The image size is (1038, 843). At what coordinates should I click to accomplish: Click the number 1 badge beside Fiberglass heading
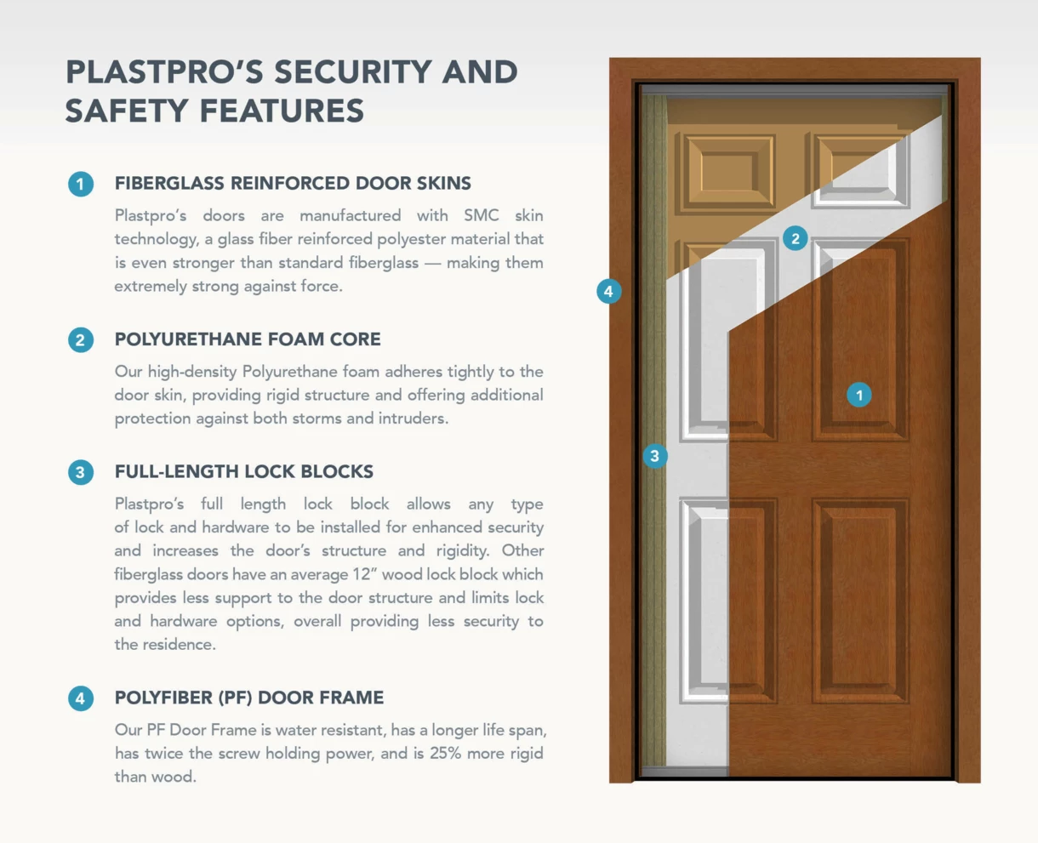click(81, 185)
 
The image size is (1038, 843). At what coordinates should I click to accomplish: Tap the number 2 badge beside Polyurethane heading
click(81, 340)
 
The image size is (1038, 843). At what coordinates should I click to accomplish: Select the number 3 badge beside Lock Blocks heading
click(81, 472)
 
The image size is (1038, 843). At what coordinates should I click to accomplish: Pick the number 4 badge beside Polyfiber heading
click(81, 698)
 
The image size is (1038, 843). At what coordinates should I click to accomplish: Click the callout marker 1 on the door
click(859, 395)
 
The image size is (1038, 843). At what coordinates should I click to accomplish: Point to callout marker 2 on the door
click(796, 238)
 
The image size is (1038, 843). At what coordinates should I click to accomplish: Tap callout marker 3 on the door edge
click(655, 456)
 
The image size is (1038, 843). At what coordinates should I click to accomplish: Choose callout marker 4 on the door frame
click(608, 292)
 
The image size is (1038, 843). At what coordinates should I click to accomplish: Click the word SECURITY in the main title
click(352, 72)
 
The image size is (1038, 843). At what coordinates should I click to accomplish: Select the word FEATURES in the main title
click(282, 111)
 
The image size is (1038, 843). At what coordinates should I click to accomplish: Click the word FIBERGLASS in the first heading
click(168, 183)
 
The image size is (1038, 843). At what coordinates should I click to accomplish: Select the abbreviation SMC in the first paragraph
click(481, 215)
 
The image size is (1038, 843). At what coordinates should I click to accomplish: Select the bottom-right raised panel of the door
click(860, 601)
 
